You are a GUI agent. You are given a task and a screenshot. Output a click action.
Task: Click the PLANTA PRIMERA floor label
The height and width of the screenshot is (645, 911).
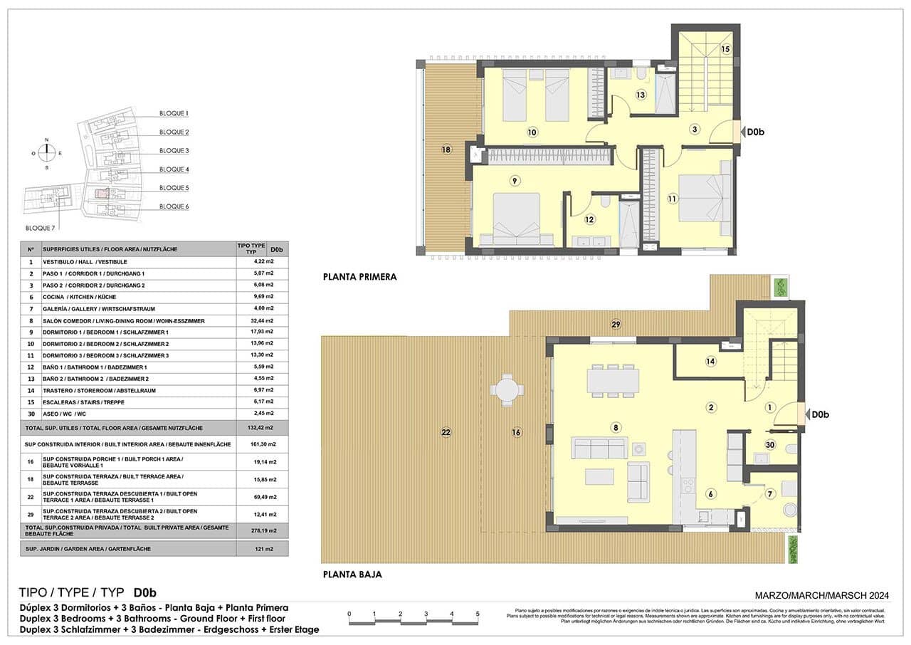click(x=359, y=277)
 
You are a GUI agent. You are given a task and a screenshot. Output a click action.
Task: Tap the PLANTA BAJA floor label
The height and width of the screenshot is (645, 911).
click(x=352, y=575)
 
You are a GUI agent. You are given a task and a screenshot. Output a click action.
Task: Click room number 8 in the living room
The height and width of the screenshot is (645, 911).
click(x=616, y=427)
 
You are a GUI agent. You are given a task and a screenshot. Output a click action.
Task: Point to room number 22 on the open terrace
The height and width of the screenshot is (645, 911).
click(x=446, y=432)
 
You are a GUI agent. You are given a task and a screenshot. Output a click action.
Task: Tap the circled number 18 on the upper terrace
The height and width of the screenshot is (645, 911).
click(x=446, y=150)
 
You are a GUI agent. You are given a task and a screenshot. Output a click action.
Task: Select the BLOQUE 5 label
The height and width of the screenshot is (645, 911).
click(x=174, y=188)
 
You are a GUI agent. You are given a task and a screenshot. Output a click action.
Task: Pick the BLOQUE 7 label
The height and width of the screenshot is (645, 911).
click(x=39, y=228)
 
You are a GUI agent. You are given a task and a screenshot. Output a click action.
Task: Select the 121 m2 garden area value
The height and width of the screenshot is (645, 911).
click(x=264, y=549)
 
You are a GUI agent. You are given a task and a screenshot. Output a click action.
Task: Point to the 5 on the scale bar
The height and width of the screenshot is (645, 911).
click(x=478, y=614)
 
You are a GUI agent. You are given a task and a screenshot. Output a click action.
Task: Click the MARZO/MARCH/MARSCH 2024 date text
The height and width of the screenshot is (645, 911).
click(x=822, y=595)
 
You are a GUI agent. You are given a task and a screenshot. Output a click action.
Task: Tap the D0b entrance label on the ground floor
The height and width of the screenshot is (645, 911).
click(x=821, y=414)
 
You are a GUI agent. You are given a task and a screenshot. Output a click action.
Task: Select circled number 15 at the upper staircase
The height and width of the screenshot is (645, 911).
click(x=725, y=49)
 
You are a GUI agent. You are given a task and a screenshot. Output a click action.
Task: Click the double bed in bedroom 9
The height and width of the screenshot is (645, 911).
click(x=517, y=219)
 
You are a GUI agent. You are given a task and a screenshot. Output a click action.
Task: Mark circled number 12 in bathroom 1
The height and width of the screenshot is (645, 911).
click(x=589, y=220)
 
